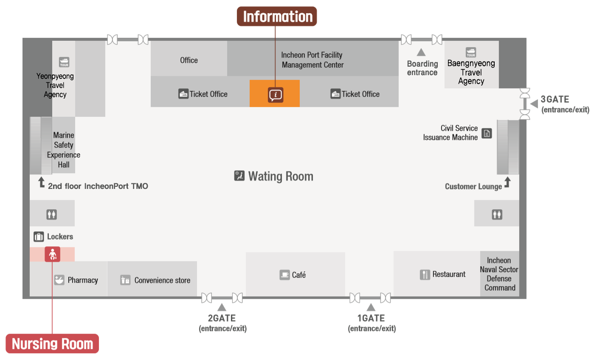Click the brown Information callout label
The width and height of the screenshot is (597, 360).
(277, 16)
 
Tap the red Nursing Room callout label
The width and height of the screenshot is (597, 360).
(52, 343)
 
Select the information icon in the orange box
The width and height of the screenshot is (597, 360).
(275, 95)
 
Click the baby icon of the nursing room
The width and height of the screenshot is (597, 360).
(52, 254)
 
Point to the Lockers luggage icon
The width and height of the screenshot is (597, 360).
(39, 236)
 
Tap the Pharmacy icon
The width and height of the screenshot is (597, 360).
(59, 280)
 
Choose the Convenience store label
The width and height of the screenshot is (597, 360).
(162, 280)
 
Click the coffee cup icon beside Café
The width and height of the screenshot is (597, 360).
(284, 275)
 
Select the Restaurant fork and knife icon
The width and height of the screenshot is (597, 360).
(425, 275)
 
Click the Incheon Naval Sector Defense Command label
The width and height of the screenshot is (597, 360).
(499, 274)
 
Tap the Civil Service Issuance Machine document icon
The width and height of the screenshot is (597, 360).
(487, 133)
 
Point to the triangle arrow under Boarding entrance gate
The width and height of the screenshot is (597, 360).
(421, 52)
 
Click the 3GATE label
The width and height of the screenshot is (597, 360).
(555, 99)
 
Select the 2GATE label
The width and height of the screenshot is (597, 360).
(222, 318)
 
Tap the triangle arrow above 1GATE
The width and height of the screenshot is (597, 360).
(371, 307)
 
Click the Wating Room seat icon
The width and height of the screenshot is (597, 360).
(239, 176)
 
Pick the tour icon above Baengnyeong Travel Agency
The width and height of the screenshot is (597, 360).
(471, 52)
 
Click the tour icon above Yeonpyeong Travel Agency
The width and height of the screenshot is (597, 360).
(64, 62)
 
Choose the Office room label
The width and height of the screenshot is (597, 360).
(189, 60)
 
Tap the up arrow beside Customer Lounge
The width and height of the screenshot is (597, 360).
(507, 182)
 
